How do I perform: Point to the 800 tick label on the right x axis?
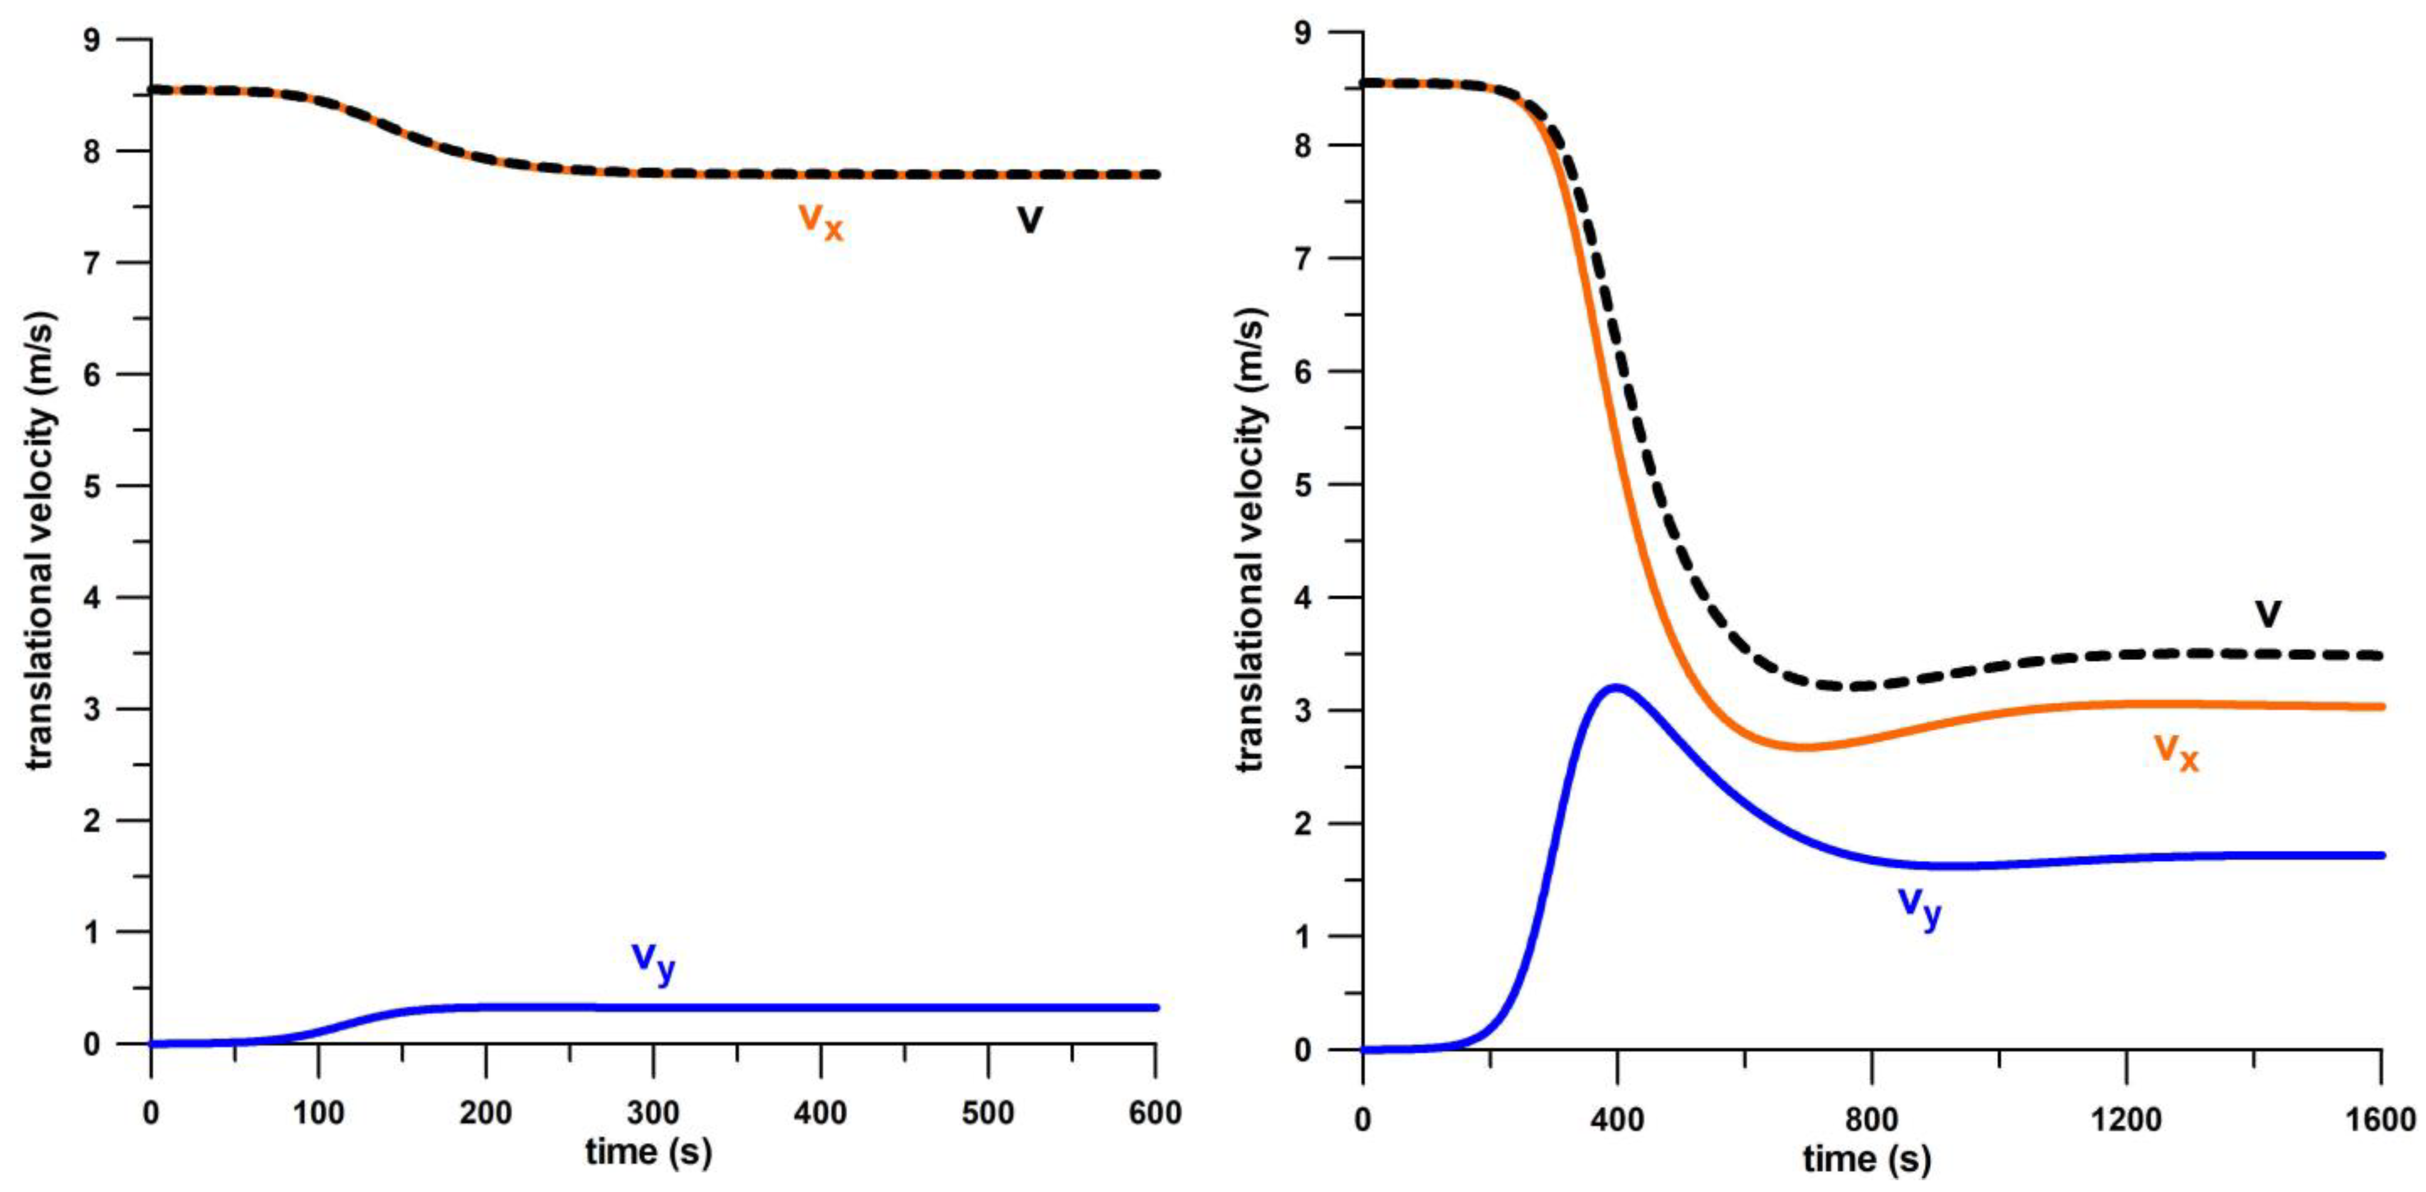pyautogui.click(x=1872, y=1120)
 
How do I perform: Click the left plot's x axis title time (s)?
pyautogui.click(x=648, y=1152)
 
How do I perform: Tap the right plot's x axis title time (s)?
pyautogui.click(x=1866, y=1159)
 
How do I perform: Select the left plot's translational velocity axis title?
pyautogui.click(x=40, y=541)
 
